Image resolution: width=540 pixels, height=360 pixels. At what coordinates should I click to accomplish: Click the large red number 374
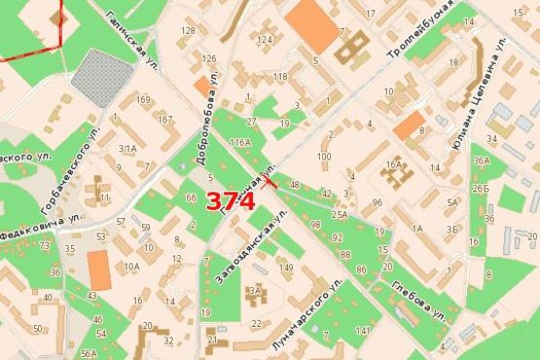tap(231, 201)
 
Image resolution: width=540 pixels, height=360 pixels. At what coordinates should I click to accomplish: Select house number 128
tap(188, 31)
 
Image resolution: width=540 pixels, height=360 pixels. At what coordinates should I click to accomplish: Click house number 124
tap(265, 40)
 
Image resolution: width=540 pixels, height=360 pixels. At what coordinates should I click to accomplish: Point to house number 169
tap(144, 99)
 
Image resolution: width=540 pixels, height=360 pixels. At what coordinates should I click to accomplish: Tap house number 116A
tap(239, 143)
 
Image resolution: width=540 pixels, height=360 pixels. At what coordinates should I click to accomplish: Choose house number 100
tap(324, 156)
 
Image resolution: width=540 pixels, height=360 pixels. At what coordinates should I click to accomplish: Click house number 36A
tap(481, 161)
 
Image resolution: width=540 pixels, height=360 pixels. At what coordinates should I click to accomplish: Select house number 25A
tap(339, 213)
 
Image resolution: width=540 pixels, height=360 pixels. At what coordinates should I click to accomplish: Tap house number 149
tap(285, 267)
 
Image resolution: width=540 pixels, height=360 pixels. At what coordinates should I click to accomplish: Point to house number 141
tap(363, 332)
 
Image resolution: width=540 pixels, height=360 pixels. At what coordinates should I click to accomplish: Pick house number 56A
tap(90, 353)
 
